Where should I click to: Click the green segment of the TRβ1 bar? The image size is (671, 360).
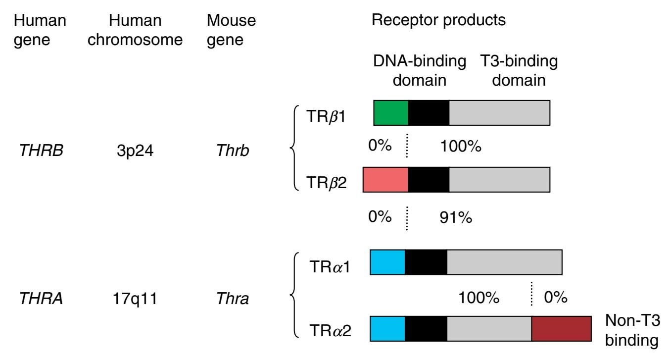[390, 112]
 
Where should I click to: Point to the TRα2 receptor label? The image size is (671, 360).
[331, 329]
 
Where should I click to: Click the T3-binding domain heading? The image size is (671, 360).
[519, 70]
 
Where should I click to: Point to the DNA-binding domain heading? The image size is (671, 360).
[420, 70]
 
